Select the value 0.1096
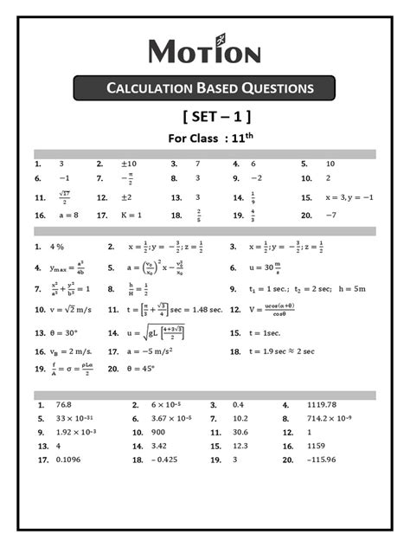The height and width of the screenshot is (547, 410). click(70, 460)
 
